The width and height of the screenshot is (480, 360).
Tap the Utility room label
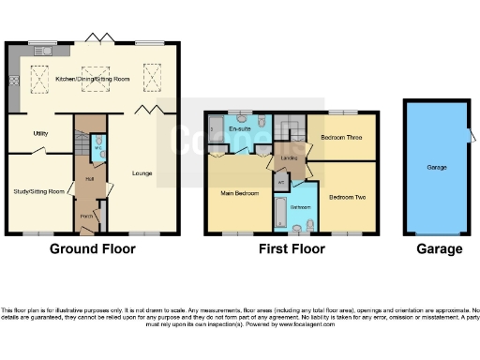tap(40, 133)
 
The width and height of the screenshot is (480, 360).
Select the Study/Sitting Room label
tap(38, 191)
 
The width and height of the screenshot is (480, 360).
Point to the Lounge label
tap(142, 172)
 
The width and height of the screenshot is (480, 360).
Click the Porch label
tap(85, 214)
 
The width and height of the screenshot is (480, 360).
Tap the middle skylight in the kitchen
tap(94, 72)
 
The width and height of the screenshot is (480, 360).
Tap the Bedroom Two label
tap(346, 197)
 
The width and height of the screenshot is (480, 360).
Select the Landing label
tap(290, 158)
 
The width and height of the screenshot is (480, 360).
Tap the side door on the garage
tap(472, 140)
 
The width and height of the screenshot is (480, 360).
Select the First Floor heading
tap(292, 249)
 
